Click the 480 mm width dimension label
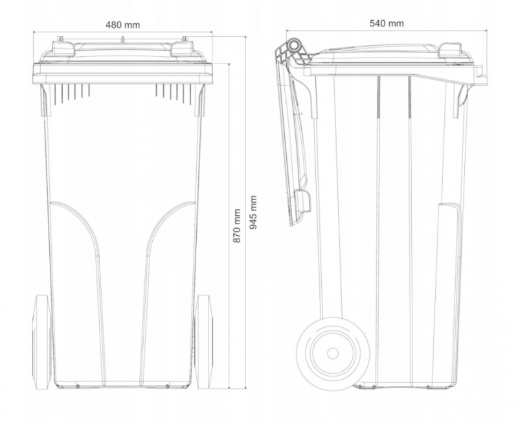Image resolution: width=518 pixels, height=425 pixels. tap(122, 25)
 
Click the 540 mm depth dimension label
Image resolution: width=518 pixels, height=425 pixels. tap(387, 23)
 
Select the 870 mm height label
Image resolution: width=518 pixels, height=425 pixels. tap(237, 225)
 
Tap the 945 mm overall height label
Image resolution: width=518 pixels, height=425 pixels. tap(253, 212)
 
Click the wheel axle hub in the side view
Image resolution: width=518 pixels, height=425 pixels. tap(333, 353)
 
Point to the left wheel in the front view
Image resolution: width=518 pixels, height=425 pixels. tap(42, 341)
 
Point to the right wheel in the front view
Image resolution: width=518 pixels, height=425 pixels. tap(204, 341)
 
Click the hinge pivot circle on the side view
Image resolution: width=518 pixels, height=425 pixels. tap(294, 45)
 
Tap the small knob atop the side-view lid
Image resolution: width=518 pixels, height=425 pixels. tap(449, 49)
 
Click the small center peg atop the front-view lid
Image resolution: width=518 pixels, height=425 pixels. tap(122, 40)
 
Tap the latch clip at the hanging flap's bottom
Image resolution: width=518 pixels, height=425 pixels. tap(302, 201)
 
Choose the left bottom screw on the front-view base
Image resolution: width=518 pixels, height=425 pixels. tap(78, 386)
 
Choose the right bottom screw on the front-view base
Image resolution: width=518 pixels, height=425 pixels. tap(168, 386)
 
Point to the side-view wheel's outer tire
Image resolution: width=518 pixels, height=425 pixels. tap(333, 318)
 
